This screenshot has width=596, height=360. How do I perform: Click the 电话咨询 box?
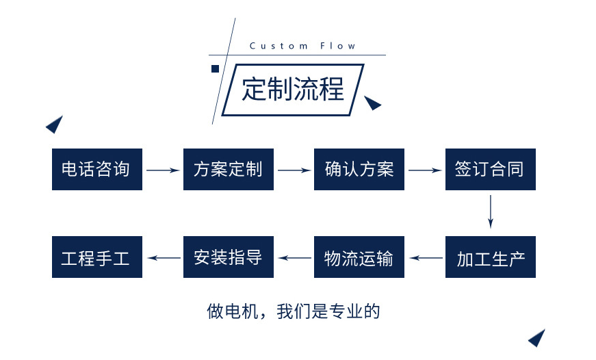coord(96,169)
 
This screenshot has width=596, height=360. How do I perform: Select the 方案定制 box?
coord(228,169)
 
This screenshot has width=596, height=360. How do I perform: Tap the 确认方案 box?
coord(359,169)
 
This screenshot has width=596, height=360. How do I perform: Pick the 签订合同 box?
coord(490,169)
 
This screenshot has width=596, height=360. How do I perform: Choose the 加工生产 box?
coord(490,257)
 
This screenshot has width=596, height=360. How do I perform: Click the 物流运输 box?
coord(359,257)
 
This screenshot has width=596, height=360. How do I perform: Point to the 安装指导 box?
coord(228,257)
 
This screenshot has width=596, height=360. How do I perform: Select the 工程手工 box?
coord(96,257)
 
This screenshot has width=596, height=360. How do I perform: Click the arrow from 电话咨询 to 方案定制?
coord(163,170)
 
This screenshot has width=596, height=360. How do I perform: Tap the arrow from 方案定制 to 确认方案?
coord(294,170)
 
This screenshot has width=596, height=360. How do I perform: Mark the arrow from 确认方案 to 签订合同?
coord(425,170)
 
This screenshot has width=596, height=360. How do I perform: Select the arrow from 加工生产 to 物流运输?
coord(425,258)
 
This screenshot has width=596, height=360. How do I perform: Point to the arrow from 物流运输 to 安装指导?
coord(294,258)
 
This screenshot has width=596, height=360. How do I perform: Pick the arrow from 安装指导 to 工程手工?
coord(163,258)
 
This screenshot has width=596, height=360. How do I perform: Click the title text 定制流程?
coord(293,90)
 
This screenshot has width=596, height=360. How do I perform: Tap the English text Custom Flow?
coord(302,46)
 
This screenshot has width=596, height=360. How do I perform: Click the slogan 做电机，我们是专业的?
coord(293,312)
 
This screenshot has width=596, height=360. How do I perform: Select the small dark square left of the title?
coord(215,68)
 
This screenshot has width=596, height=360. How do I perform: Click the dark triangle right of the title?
coord(372,103)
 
